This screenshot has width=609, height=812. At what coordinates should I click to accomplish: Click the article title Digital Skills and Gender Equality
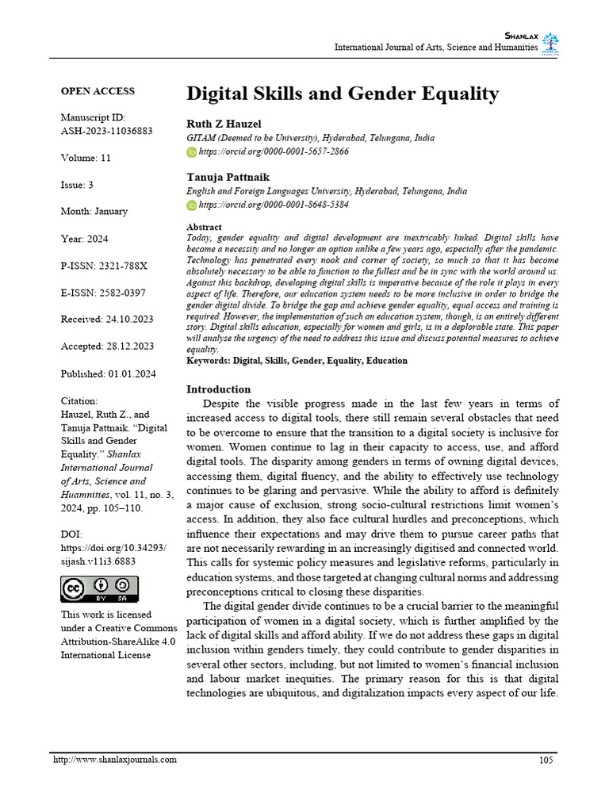343,94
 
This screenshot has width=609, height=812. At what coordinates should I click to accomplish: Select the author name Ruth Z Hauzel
224,124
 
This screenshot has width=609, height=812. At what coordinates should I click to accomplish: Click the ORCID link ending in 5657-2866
274,151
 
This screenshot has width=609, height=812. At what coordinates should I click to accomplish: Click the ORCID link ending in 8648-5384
274,205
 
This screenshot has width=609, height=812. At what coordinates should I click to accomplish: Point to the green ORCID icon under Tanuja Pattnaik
191,205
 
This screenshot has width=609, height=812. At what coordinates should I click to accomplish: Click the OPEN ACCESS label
98,91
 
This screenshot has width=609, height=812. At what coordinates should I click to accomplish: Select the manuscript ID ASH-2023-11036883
107,131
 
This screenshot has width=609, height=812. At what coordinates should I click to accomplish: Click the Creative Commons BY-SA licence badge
99,589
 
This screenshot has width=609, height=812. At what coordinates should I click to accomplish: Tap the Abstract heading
204,228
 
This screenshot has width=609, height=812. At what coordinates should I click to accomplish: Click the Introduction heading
218,389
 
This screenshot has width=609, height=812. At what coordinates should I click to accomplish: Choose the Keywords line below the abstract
297,361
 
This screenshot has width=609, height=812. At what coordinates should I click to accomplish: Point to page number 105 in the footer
546,760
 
